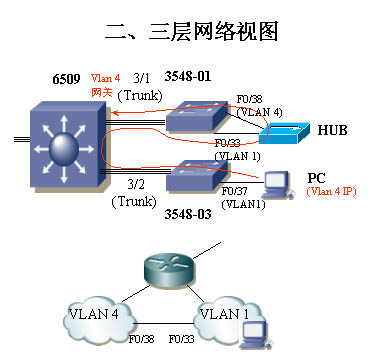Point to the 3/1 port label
point(143,77)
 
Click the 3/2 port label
point(138,185)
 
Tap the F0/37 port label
point(236,190)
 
